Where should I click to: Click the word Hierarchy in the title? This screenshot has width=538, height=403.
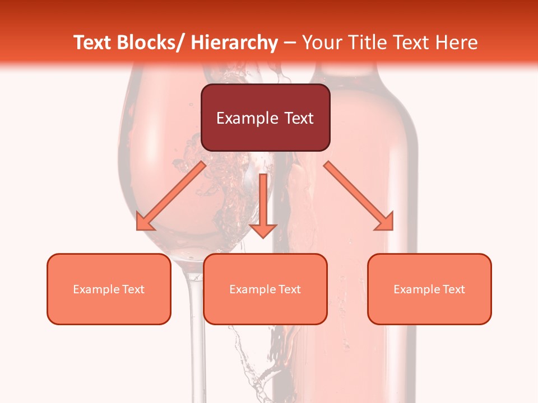coord(234,43)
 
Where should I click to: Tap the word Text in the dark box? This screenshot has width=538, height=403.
coord(299,118)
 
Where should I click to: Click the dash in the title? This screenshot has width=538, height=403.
coord(290,43)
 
